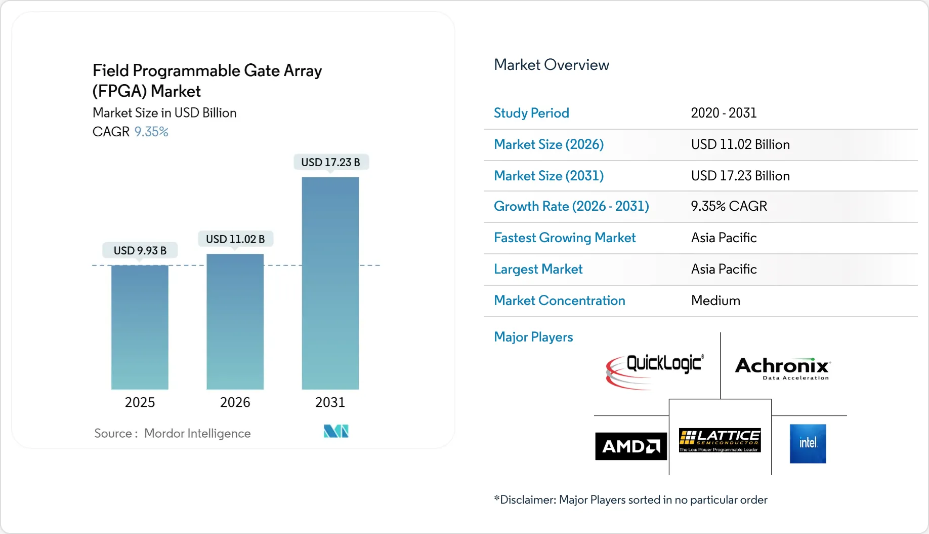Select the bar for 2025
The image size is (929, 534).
pos(140,327)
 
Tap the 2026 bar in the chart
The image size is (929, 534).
pos(235,321)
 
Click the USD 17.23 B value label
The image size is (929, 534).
pos(330,162)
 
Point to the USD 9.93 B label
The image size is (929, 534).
pos(140,250)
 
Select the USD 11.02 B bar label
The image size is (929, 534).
pos(235,239)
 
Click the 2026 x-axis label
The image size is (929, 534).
pos(235,402)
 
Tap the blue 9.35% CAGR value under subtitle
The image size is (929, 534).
pos(151,132)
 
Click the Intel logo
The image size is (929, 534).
pos(808,443)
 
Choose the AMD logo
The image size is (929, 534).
pos(630,446)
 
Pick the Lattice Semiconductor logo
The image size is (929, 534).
pos(720,440)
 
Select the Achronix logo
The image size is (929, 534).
pos(782,368)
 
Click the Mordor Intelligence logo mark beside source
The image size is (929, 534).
pos(336,431)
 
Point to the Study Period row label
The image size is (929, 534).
pos(531,113)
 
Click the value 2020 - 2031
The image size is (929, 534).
pos(724,113)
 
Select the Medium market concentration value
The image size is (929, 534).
pos(715,300)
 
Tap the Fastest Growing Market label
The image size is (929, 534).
pos(565,238)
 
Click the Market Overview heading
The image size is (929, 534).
pos(551,65)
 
